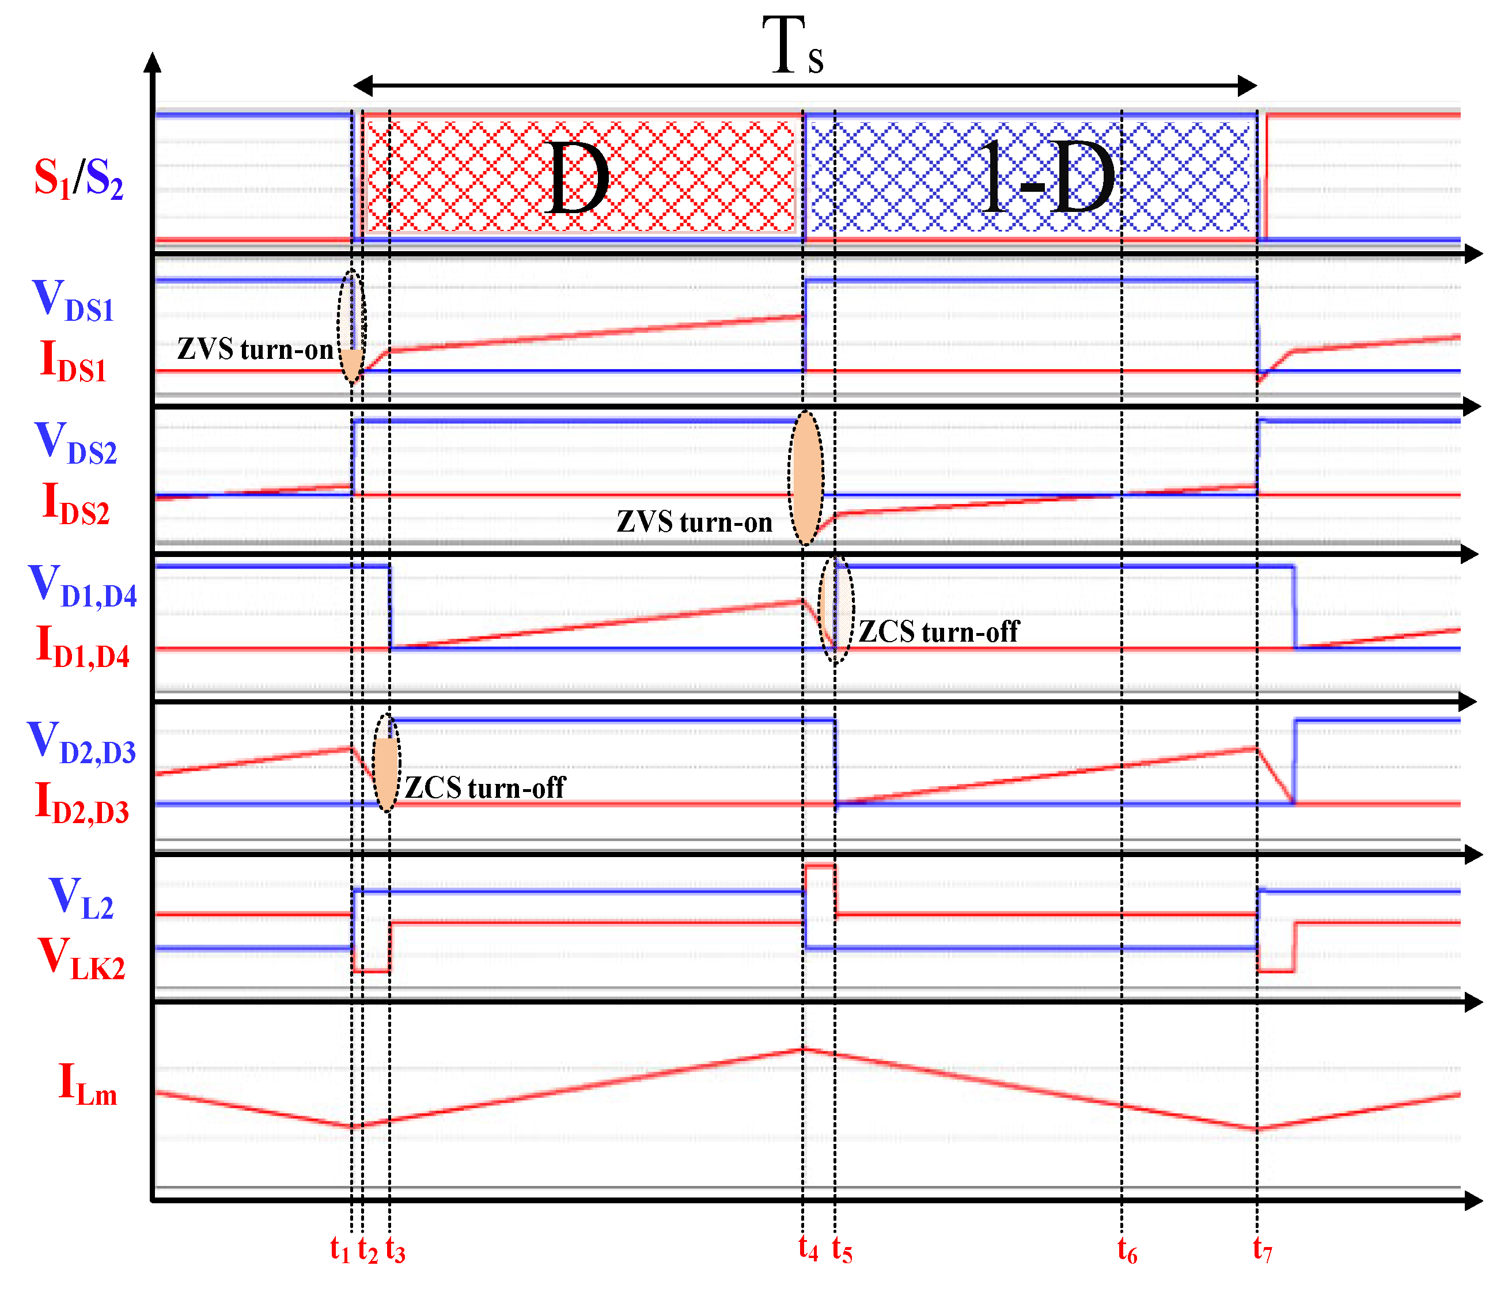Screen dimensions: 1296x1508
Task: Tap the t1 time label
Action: [x=340, y=1249]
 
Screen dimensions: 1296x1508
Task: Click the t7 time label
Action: [x=1262, y=1249]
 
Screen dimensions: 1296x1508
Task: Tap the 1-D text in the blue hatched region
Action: [x=1046, y=179]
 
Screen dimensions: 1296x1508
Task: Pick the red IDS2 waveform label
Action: [x=75, y=503]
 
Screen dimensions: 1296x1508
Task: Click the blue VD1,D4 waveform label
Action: [x=83, y=586]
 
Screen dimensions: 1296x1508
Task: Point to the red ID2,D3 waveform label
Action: [x=82, y=802]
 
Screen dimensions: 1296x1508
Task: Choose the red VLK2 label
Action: [x=82, y=958]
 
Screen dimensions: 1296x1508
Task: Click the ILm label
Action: [x=88, y=1084]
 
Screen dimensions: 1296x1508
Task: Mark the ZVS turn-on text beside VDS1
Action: [x=255, y=350]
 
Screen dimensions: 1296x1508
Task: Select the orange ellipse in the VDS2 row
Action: [x=806, y=478]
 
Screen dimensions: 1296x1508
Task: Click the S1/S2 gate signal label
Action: [x=78, y=179]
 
